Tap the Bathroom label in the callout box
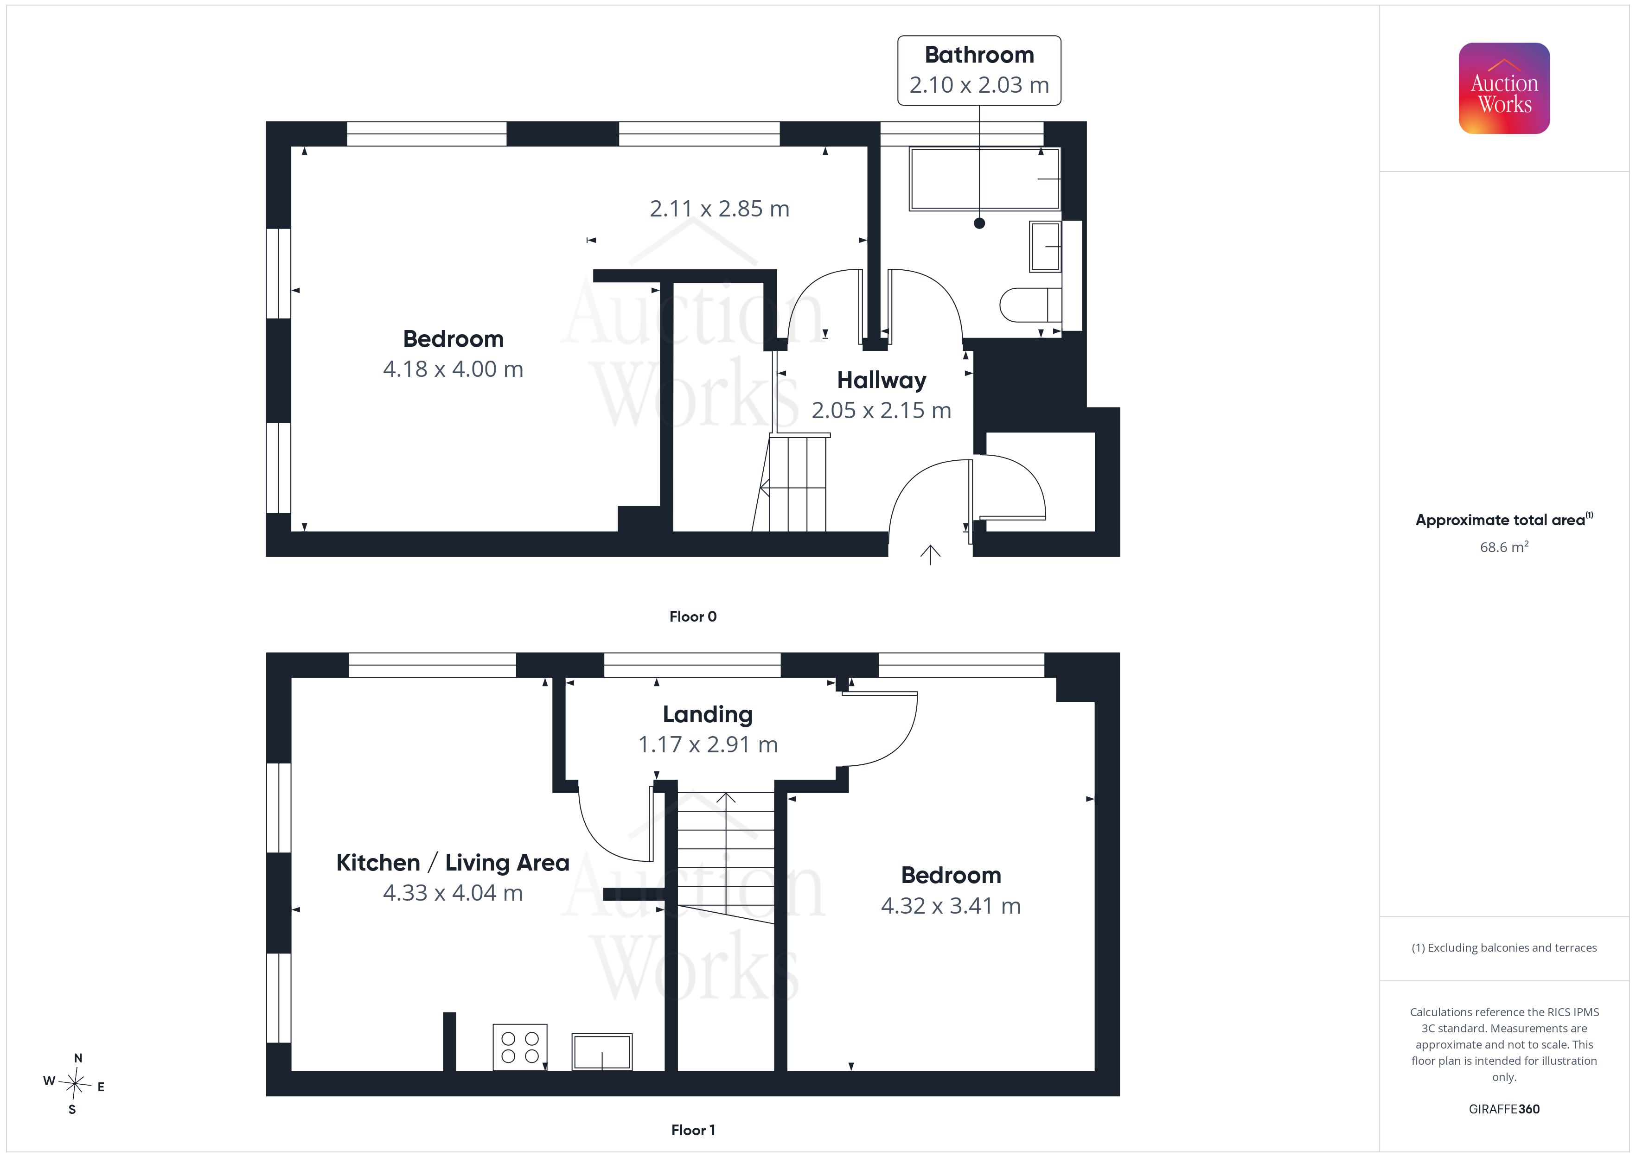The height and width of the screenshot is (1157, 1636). point(979,55)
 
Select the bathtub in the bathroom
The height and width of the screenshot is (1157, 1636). point(984,179)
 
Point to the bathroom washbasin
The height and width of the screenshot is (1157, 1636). point(1045,247)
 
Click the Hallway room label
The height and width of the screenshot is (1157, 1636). point(882,381)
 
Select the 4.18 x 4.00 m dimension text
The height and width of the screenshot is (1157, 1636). point(453,369)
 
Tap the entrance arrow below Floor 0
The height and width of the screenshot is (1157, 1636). point(930,555)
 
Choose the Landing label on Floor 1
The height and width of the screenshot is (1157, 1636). point(708,715)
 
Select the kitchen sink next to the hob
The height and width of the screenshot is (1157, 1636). point(602,1052)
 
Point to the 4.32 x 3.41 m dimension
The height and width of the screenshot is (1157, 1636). point(951,905)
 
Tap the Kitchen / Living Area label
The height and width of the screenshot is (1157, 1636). point(453,863)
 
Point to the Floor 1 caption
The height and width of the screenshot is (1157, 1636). point(693,1131)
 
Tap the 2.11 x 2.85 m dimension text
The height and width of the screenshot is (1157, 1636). point(720,209)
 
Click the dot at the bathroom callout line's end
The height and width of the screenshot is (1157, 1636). point(979,223)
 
